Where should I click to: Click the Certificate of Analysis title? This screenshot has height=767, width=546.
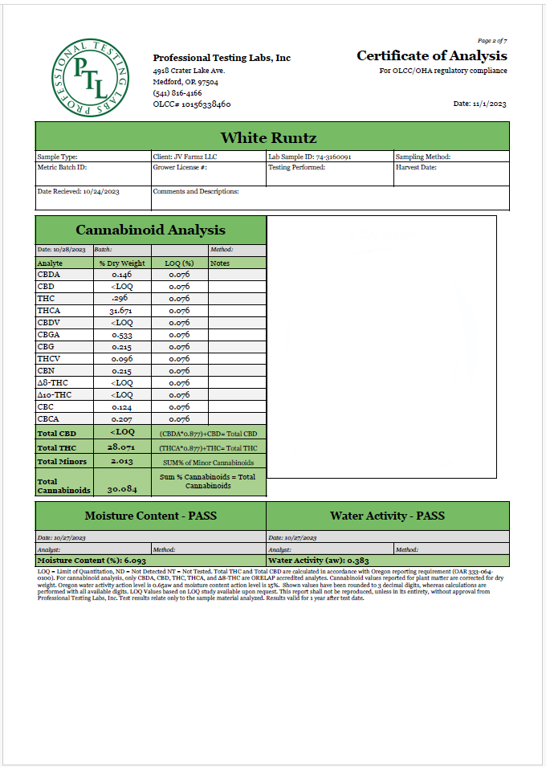click(x=431, y=56)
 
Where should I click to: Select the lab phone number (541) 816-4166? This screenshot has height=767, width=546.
click(x=177, y=93)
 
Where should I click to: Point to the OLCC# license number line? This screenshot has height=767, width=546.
click(x=192, y=104)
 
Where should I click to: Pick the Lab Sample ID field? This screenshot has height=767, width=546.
click(x=320, y=157)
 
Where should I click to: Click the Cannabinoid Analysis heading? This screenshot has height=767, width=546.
click(x=150, y=231)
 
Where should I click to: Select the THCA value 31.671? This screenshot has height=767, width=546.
click(x=121, y=311)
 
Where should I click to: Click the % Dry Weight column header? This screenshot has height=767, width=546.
click(x=121, y=263)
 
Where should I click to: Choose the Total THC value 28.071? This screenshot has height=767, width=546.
click(x=121, y=447)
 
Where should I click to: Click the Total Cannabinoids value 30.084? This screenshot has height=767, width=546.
click(x=121, y=488)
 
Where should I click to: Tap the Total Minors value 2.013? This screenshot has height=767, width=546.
click(x=121, y=462)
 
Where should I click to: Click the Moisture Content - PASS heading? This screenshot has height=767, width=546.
click(x=150, y=516)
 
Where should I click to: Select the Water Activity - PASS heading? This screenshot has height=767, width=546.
click(x=387, y=516)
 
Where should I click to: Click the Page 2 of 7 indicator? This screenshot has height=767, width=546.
click(x=492, y=40)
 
